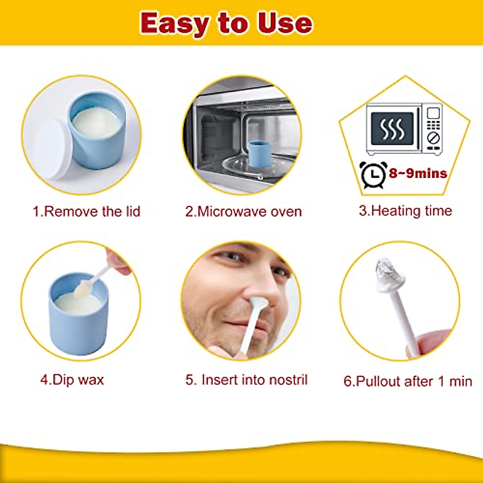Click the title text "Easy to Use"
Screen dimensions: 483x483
(x=226, y=23)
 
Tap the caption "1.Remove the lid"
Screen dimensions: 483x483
(x=86, y=211)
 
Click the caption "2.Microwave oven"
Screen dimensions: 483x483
(x=243, y=211)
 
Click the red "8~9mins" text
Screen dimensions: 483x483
(x=418, y=173)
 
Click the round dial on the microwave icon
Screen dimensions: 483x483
(x=433, y=137)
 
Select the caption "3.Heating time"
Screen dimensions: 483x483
(x=405, y=211)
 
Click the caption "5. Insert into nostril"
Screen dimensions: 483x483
(x=246, y=380)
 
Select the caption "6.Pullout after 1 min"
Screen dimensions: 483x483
(x=407, y=381)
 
